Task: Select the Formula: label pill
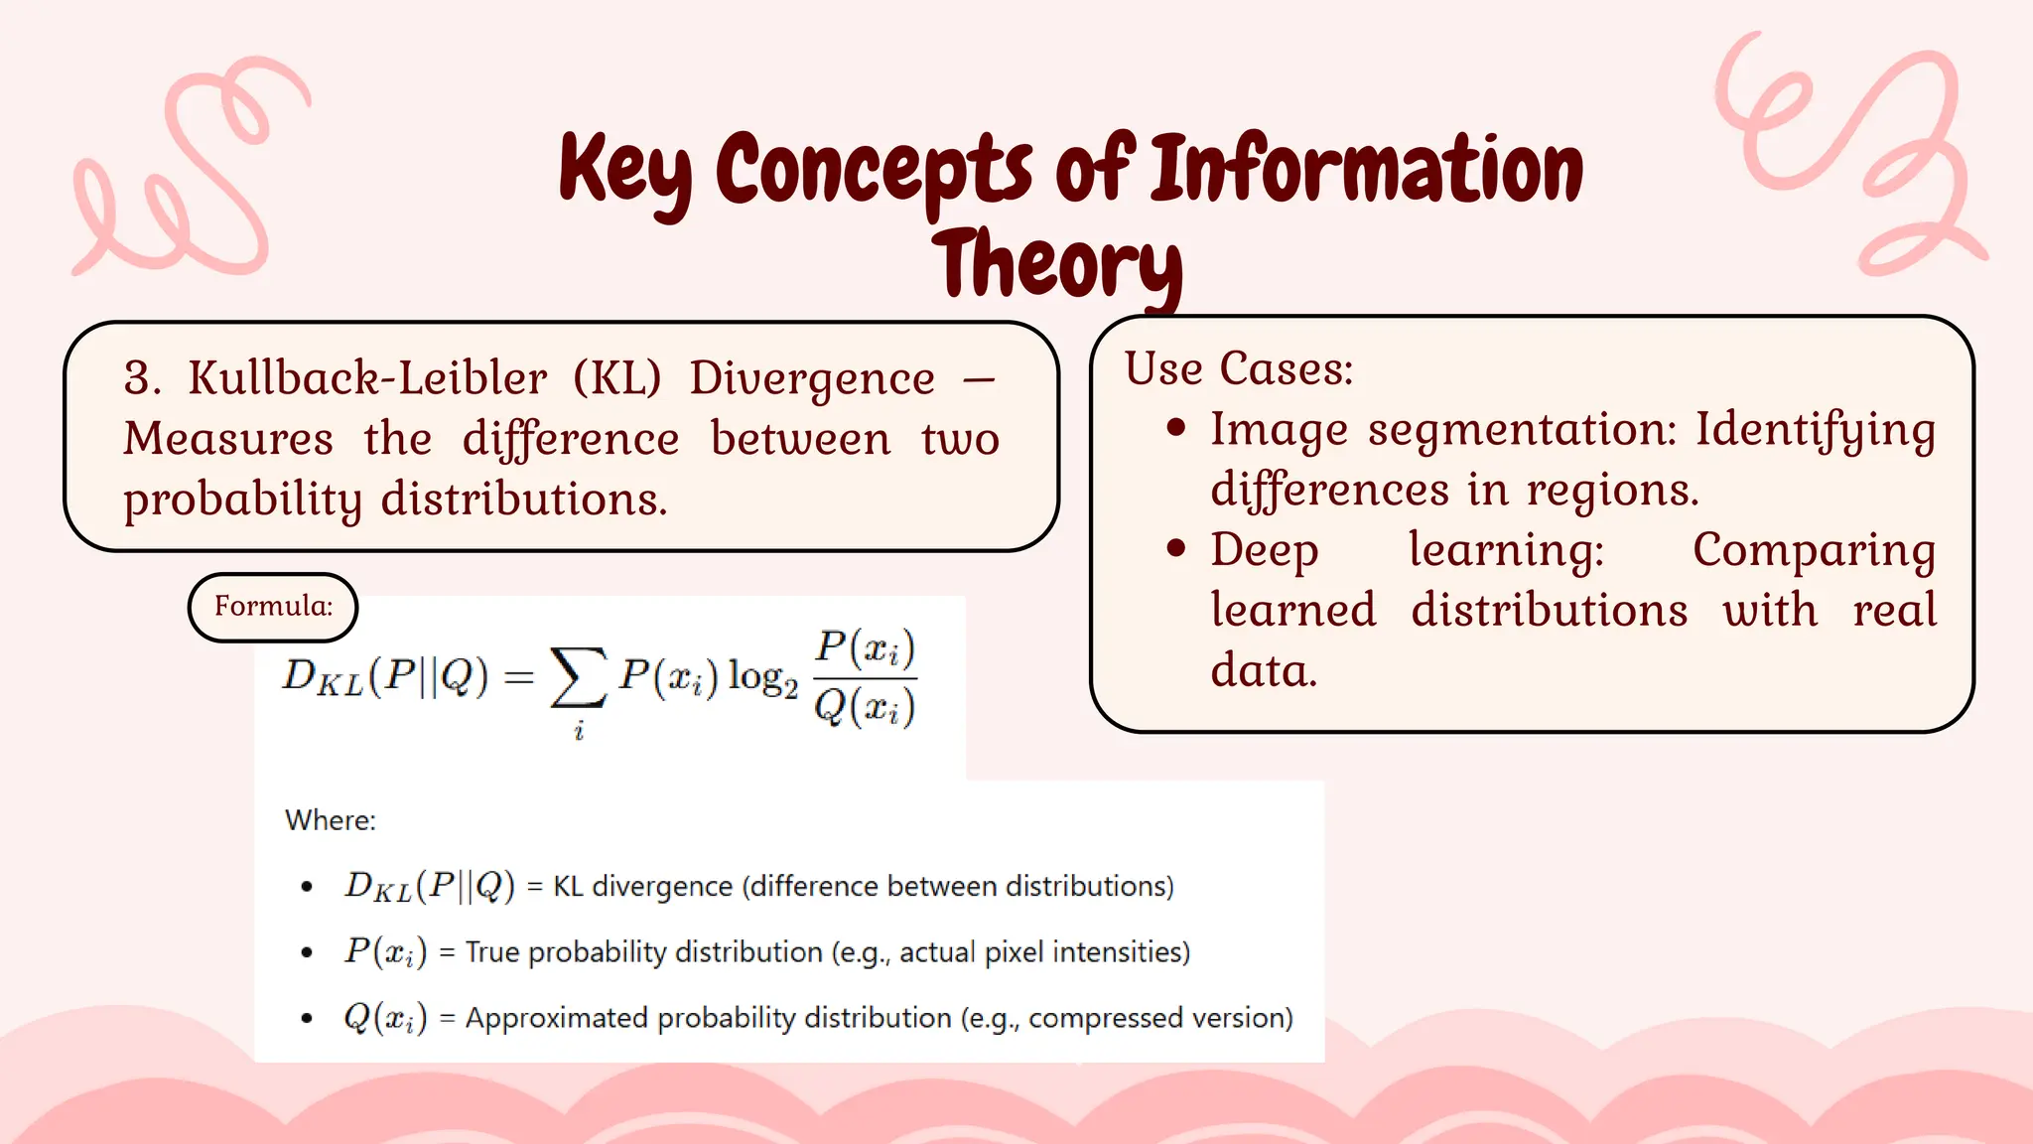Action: point(273,607)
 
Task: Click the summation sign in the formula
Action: point(579,677)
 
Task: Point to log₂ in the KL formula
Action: point(762,678)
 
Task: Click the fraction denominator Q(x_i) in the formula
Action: point(865,708)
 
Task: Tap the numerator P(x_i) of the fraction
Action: point(865,648)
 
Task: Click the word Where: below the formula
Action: point(331,820)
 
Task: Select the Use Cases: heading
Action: point(1239,368)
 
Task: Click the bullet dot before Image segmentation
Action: point(1177,428)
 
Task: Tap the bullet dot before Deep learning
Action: point(1177,548)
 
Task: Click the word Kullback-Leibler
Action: point(367,378)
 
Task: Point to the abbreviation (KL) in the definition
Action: point(616,378)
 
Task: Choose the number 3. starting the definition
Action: point(143,378)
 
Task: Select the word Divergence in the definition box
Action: point(812,378)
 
